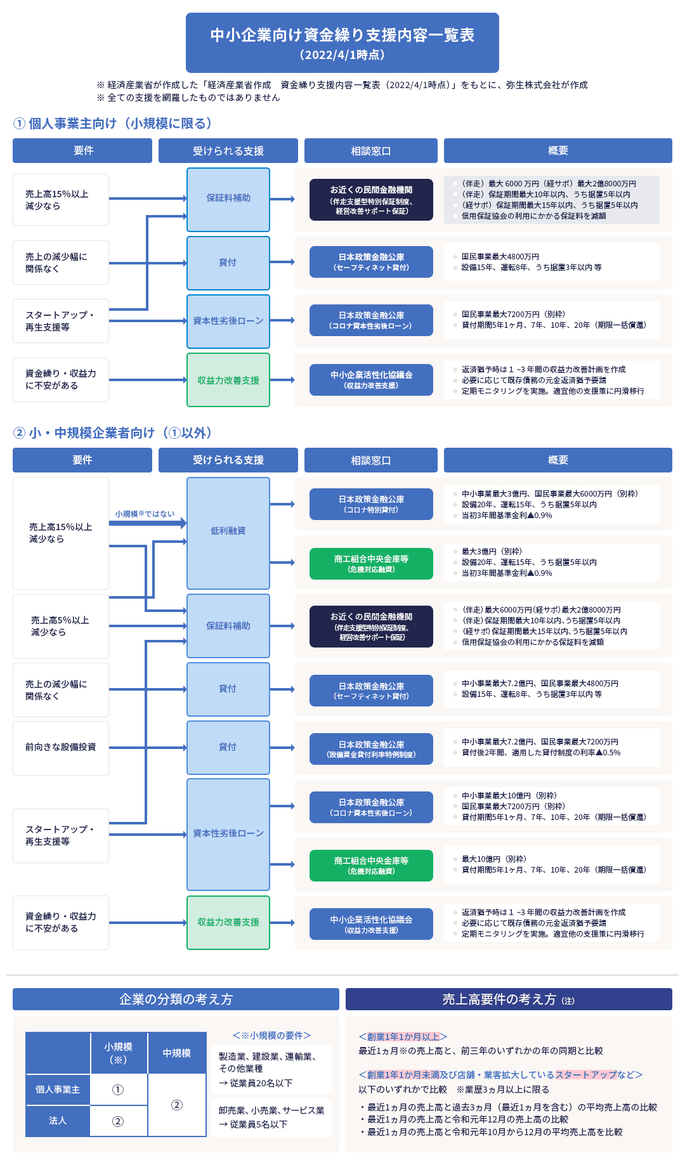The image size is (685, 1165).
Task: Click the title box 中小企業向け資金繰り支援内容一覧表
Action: pos(342,42)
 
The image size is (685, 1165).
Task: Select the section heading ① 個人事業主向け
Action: pos(112,123)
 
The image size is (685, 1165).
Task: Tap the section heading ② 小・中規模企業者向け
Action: pos(112,433)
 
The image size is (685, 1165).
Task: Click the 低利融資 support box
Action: pos(228,531)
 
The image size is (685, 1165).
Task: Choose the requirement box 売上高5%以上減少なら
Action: pos(60,626)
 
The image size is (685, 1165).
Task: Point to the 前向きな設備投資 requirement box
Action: pos(60,747)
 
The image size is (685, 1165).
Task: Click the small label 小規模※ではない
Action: pos(145,514)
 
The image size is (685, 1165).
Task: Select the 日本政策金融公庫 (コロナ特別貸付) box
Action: pos(371,504)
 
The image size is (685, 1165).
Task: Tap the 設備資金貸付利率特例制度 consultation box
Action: pos(371,749)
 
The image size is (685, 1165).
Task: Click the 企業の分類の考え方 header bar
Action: pos(176,999)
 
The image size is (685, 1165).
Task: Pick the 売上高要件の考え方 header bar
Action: pos(508,999)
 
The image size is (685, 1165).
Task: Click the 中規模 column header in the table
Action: pos(176,1053)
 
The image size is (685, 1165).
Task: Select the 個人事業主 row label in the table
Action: pos(58,1090)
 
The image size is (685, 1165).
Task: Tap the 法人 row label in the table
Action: pos(58,1121)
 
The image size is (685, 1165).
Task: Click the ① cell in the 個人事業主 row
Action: pos(118,1090)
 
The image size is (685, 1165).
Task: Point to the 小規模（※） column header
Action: pos(119,1053)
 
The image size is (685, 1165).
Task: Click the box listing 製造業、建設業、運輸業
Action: pos(271,1069)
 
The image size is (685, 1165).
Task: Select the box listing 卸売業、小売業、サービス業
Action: pos(271,1117)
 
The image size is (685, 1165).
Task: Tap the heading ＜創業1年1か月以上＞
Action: pos(403,1036)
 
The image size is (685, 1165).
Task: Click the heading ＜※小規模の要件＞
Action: pos(271,1035)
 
